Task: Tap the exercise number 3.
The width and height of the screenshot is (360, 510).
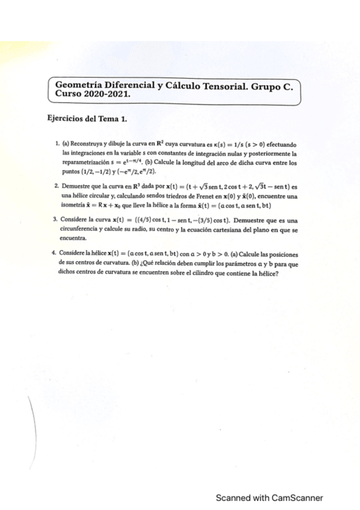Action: tap(56, 222)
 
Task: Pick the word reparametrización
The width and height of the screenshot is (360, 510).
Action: tap(85, 162)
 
